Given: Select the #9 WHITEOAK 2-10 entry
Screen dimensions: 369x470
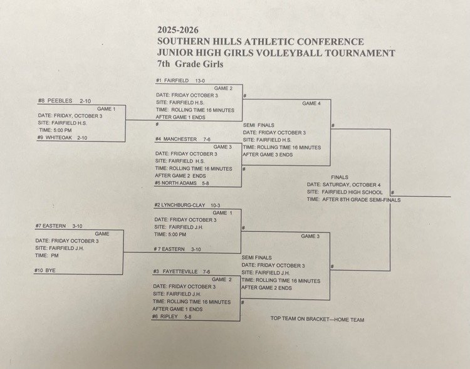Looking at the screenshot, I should tap(62, 138).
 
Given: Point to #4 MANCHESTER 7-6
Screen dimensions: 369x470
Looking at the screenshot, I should tap(183, 139).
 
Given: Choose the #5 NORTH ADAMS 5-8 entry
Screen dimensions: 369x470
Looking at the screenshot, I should tap(182, 183).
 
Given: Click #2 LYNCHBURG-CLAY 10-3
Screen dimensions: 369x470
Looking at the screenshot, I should tap(187, 205).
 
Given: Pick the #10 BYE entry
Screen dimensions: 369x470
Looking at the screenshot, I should tap(45, 270).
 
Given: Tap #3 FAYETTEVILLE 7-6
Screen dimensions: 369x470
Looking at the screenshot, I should tap(181, 272).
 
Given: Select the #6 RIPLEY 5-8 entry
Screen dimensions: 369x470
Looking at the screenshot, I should tap(171, 316).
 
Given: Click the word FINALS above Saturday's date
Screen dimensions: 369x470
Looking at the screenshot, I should tap(340, 177).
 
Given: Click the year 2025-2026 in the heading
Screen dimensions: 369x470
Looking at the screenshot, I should tap(180, 29).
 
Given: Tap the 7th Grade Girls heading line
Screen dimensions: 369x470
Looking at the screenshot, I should tap(191, 64).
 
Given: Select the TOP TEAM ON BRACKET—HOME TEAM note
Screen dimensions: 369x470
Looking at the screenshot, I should tap(317, 320).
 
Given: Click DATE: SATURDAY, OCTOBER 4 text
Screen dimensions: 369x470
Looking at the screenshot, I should tap(343, 185).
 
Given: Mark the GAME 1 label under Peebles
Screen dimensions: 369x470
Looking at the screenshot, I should tap(106, 109).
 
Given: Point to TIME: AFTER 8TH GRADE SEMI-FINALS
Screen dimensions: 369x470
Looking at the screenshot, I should tap(353, 200).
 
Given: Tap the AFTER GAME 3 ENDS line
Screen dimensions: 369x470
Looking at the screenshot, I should tap(268, 155).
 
